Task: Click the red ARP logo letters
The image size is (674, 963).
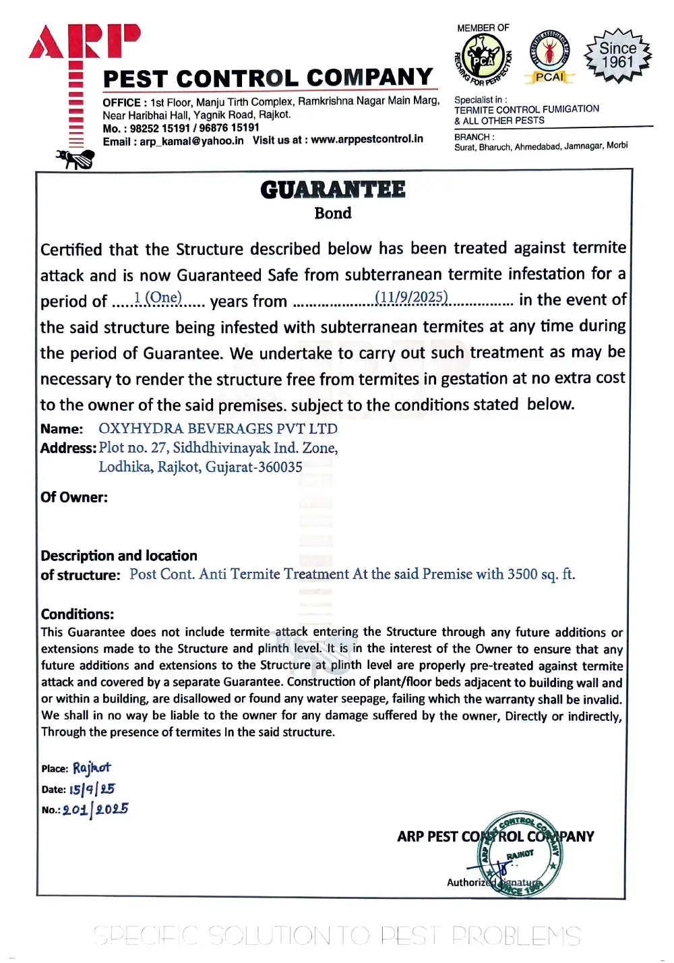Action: coord(85,42)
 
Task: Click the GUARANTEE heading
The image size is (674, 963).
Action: coord(333,189)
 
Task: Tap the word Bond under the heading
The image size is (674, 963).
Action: coord(333,213)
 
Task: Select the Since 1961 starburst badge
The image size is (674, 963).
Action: coord(617,55)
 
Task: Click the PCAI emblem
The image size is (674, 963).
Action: coord(550,57)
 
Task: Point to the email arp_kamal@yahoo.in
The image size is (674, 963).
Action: coord(191,142)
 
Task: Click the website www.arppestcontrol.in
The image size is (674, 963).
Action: coord(367,139)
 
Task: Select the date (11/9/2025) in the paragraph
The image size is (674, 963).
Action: coord(411,297)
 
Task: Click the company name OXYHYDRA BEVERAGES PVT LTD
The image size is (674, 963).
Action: coord(218,429)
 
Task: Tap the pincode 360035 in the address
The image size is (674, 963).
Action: coord(279,467)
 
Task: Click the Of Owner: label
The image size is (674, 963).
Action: coord(74,498)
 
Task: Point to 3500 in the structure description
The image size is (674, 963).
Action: coord(522,574)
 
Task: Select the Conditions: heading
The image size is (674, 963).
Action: coord(78,614)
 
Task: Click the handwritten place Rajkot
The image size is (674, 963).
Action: coord(92,767)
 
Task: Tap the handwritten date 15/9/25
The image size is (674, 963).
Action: coord(92,788)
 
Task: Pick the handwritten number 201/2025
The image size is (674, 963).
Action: coord(95,809)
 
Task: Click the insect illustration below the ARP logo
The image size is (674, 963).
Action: coord(75,159)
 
